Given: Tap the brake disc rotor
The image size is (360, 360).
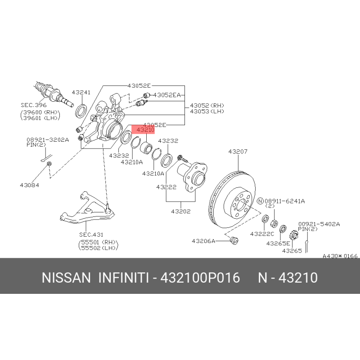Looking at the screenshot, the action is [x=233, y=199].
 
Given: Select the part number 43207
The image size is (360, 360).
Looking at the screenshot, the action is [x=238, y=152].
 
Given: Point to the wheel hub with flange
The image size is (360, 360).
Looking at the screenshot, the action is [x=192, y=176].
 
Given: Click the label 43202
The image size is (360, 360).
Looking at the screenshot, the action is [x=181, y=211].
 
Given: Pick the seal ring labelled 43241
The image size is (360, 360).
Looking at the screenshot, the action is [x=81, y=111].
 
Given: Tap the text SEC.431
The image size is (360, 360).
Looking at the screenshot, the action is [x=91, y=234].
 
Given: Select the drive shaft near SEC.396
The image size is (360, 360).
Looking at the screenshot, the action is [x=54, y=94].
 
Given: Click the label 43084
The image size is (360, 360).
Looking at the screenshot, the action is [x=29, y=185].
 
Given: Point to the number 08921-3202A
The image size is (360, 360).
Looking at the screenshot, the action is [x=48, y=140].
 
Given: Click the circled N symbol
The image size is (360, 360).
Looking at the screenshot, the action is [x=260, y=201].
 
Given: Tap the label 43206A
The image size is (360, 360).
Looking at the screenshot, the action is [x=203, y=241].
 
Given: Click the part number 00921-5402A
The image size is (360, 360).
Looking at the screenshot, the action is [x=319, y=224].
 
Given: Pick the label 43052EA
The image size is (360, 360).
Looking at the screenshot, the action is [x=167, y=95].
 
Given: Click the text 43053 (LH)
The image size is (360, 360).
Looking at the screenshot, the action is [x=207, y=111].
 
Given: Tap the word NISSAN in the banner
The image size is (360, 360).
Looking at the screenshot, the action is [x=66, y=278].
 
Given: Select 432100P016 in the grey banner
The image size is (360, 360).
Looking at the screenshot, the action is [x=200, y=278].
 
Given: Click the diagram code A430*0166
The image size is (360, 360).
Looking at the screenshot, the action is [x=340, y=256].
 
